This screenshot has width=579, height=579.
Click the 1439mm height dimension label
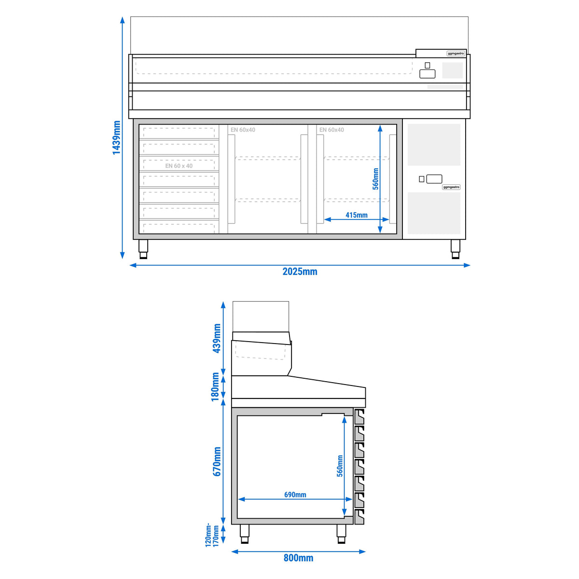click(x=116, y=138)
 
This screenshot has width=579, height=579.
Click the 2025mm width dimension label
click(x=300, y=272)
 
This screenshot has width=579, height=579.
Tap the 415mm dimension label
click(x=357, y=215)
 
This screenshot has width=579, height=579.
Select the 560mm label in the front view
click(x=375, y=179)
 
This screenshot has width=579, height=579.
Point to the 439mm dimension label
click(x=217, y=338)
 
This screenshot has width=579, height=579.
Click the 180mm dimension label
click(x=215, y=387)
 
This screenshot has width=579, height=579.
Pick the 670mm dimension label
click(x=217, y=462)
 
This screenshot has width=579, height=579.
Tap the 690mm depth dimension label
click(x=295, y=495)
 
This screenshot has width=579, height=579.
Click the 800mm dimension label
click(x=298, y=558)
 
